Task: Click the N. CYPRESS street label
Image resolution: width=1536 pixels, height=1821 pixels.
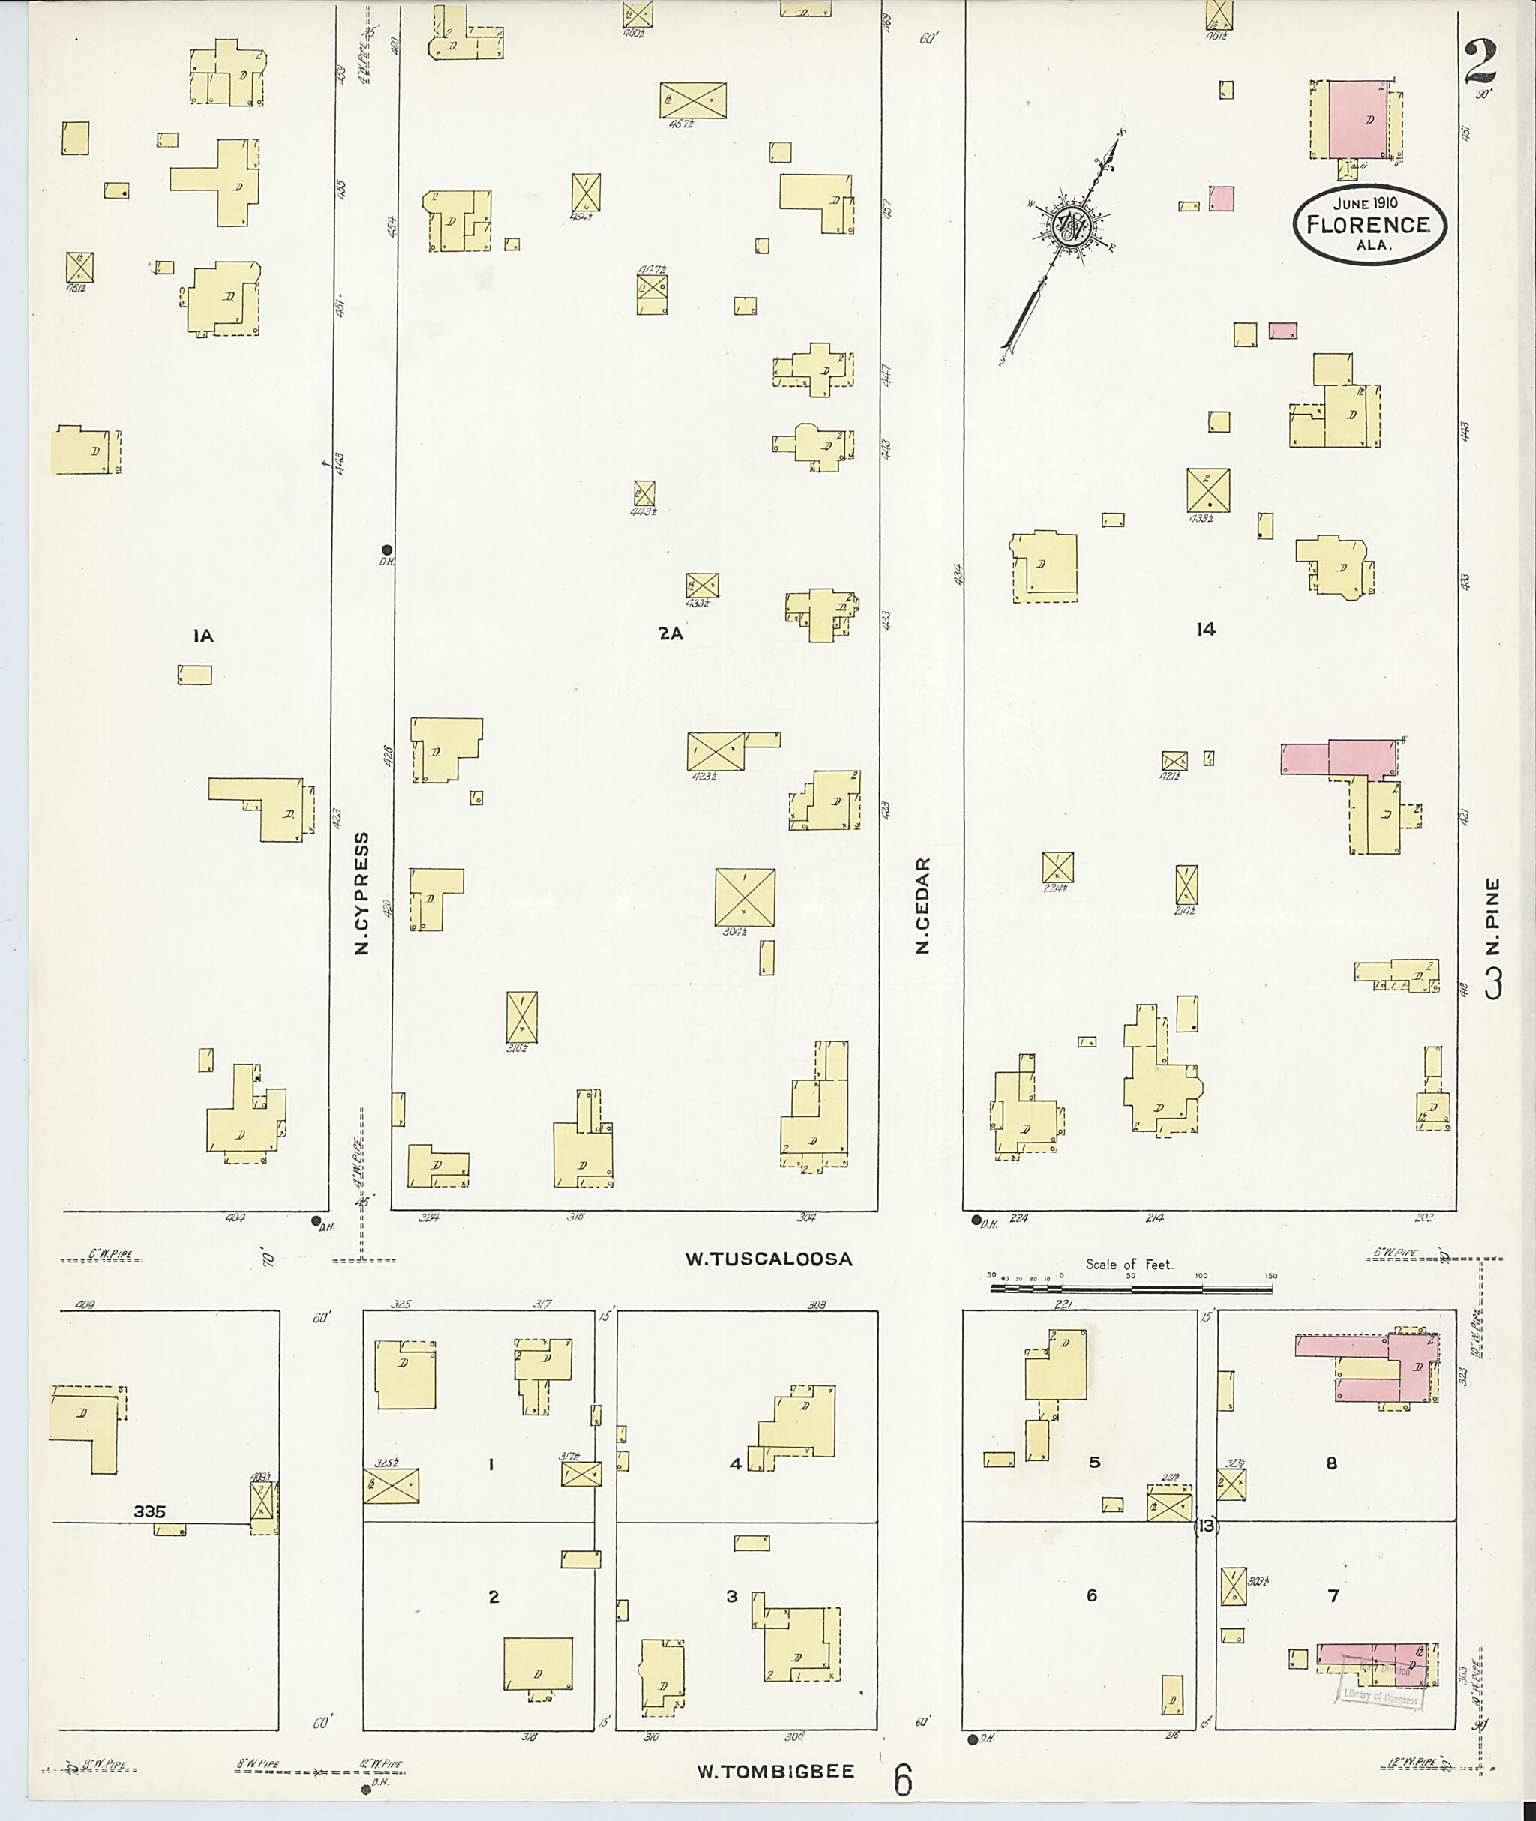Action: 362,893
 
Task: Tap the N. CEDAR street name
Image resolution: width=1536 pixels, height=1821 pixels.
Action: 923,906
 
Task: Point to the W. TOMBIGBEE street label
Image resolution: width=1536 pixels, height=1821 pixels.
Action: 775,1771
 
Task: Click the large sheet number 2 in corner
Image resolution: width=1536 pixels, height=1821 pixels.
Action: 1480,61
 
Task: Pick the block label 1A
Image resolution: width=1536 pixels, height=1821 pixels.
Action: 203,637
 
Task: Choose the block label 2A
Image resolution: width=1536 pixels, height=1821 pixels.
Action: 670,634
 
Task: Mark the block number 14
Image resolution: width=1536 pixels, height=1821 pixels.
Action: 1205,629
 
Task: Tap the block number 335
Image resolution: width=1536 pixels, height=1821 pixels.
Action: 150,1512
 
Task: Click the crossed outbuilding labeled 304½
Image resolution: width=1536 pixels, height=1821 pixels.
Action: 745,897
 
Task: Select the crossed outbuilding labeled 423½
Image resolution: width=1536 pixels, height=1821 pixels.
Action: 715,750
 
